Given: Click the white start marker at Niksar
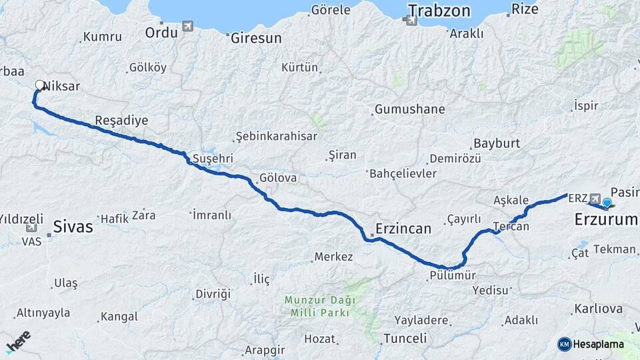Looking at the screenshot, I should (39, 85).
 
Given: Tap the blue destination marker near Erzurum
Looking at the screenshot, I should (607, 202).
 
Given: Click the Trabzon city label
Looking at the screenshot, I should (439, 11).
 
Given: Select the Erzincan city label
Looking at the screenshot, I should (403, 228).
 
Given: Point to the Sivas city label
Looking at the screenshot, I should (73, 225).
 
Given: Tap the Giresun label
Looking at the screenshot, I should (257, 38).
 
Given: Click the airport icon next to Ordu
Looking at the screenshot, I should (187, 26).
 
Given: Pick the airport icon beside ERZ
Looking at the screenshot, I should (595, 199).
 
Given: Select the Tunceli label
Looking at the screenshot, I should (405, 338).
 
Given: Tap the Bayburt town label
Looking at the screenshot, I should (496, 143).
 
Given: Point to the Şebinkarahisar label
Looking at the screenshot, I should (276, 136).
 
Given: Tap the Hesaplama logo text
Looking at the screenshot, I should (597, 344).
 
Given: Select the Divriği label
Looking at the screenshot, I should (212, 294).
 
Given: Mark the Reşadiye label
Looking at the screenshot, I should (121, 120).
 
